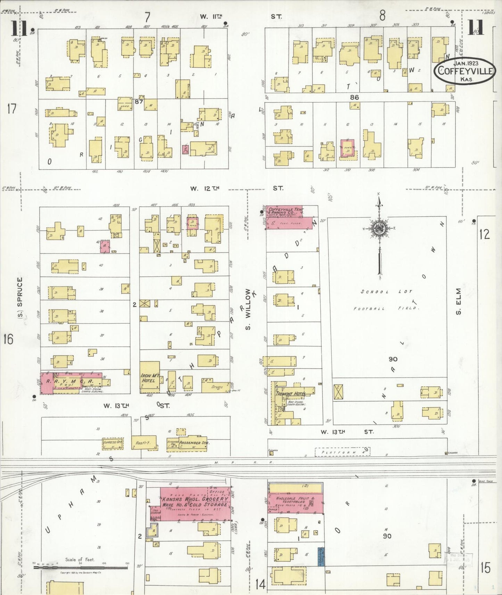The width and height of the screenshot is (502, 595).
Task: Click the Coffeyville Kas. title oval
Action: (x=464, y=70)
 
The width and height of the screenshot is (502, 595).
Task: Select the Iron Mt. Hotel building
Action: (x=150, y=378)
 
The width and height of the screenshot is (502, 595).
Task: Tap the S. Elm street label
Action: (x=459, y=301)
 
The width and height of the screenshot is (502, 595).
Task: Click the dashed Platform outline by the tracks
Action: (x=342, y=452)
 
